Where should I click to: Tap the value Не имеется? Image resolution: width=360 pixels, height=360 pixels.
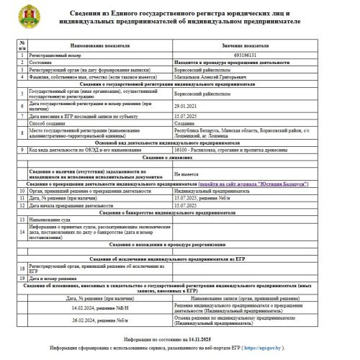click(188, 174)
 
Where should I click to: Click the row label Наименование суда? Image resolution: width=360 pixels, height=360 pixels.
click(55, 217)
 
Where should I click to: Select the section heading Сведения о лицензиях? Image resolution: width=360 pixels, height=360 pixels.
click(180, 157)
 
